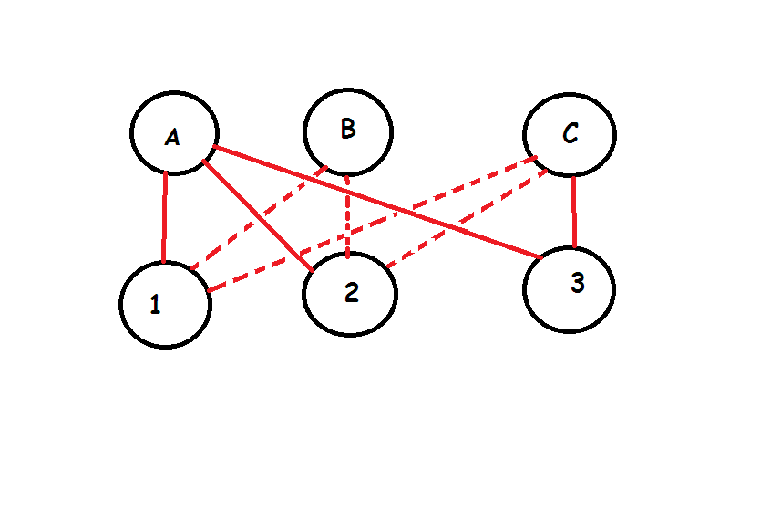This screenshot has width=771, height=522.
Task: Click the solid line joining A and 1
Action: tap(165, 217)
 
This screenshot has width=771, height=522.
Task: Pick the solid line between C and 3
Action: tap(574, 212)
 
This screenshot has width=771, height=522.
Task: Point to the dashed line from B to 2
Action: tap(348, 214)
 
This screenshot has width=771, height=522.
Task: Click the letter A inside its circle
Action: tap(172, 138)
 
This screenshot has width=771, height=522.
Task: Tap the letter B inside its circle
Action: tap(347, 130)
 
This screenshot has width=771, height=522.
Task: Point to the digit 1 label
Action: tap(155, 305)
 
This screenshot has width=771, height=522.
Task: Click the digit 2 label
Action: tap(351, 293)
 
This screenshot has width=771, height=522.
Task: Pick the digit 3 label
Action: tap(577, 284)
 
